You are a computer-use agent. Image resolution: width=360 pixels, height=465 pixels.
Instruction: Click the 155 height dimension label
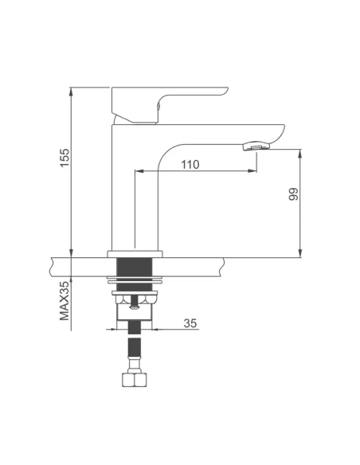pyautogui.click(x=65, y=158)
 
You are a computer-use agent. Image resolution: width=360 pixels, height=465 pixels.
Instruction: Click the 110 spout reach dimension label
pyautogui.click(x=190, y=165)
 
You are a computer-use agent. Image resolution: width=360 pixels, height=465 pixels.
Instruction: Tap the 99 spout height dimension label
pyautogui.click(x=294, y=194)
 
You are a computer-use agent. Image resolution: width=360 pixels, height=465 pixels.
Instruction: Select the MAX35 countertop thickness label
pyautogui.click(x=65, y=301)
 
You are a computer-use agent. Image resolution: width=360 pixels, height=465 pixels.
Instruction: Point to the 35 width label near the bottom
pyautogui.click(x=190, y=323)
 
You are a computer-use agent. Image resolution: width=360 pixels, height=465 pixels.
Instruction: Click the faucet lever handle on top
pyautogui.click(x=170, y=104)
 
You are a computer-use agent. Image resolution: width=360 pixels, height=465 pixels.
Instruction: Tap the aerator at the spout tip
pyautogui.click(x=256, y=146)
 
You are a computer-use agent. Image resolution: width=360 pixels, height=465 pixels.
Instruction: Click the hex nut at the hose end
pyautogui.click(x=135, y=380)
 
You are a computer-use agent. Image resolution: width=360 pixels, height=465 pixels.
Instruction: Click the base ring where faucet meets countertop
pyautogui.click(x=135, y=254)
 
